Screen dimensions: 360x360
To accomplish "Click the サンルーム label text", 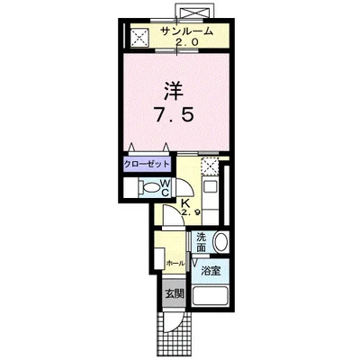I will (x=187, y=31).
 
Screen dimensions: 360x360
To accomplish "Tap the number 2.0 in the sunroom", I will (x=187, y=42).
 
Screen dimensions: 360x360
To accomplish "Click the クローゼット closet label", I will (x=145, y=165).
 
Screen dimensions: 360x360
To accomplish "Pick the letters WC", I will (x=166, y=188).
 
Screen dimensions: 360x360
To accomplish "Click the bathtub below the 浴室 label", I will (x=210, y=297).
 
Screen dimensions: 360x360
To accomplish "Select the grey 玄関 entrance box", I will (x=174, y=292).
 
